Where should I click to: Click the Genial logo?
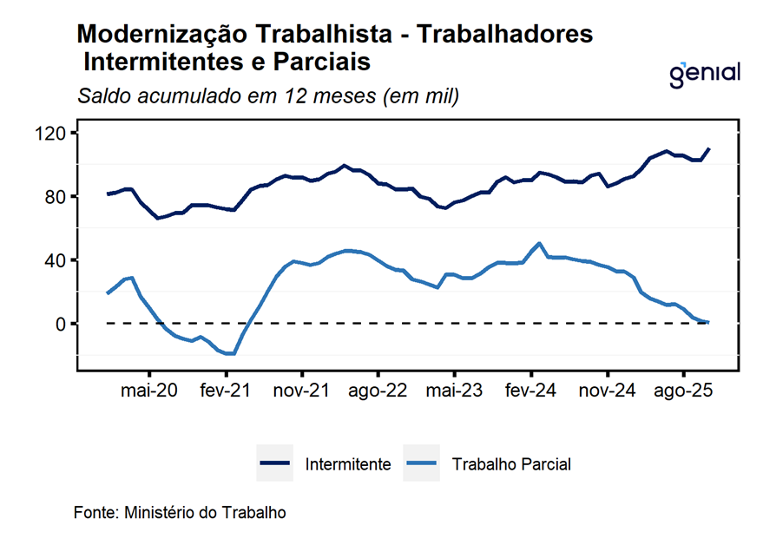click(x=705, y=74)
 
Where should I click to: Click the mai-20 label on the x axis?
click(x=149, y=391)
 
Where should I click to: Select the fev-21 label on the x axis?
click(x=225, y=391)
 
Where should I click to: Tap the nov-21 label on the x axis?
click(x=301, y=391)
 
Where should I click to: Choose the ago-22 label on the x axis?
click(x=378, y=391)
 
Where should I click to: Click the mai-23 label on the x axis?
click(x=454, y=391)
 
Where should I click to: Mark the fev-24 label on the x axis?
click(x=530, y=391)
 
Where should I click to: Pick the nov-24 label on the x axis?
click(x=607, y=391)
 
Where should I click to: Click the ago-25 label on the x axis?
click(x=683, y=391)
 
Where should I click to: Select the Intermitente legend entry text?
click(x=347, y=465)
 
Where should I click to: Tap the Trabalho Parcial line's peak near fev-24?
click(x=540, y=243)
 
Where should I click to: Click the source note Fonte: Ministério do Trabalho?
click(x=180, y=512)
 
